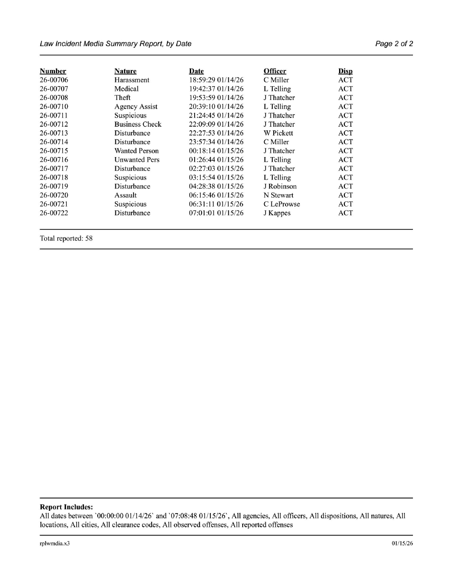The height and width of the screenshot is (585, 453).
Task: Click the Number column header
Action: tap(53, 71)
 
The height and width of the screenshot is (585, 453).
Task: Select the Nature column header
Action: tap(125, 71)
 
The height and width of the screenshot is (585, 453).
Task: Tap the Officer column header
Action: tap(275, 71)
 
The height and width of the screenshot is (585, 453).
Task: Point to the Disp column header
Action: tap(346, 71)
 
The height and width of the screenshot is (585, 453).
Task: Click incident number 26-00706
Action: tap(54, 80)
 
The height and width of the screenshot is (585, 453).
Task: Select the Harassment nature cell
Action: tap(132, 80)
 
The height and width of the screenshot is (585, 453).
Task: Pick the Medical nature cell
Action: tap(126, 89)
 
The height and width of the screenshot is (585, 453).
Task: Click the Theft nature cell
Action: tap(123, 98)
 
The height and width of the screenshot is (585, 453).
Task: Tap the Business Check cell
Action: tap(138, 124)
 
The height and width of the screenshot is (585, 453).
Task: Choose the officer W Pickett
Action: tap(278, 133)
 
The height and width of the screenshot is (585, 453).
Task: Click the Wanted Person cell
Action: tap(136, 151)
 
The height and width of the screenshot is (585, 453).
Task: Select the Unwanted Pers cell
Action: tap(137, 160)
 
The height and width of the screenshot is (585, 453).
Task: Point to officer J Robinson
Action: tap(280, 187)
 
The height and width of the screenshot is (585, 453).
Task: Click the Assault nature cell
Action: tap(125, 195)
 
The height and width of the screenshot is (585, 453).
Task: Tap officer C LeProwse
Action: tap(282, 204)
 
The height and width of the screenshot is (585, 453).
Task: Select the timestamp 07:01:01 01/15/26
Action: tap(216, 213)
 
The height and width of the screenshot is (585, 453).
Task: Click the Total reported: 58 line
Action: tap(66, 238)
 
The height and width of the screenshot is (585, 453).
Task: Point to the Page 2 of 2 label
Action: tap(394, 44)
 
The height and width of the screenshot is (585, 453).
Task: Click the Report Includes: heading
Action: tap(66, 507)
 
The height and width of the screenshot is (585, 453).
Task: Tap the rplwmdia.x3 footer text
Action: tap(55, 543)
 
